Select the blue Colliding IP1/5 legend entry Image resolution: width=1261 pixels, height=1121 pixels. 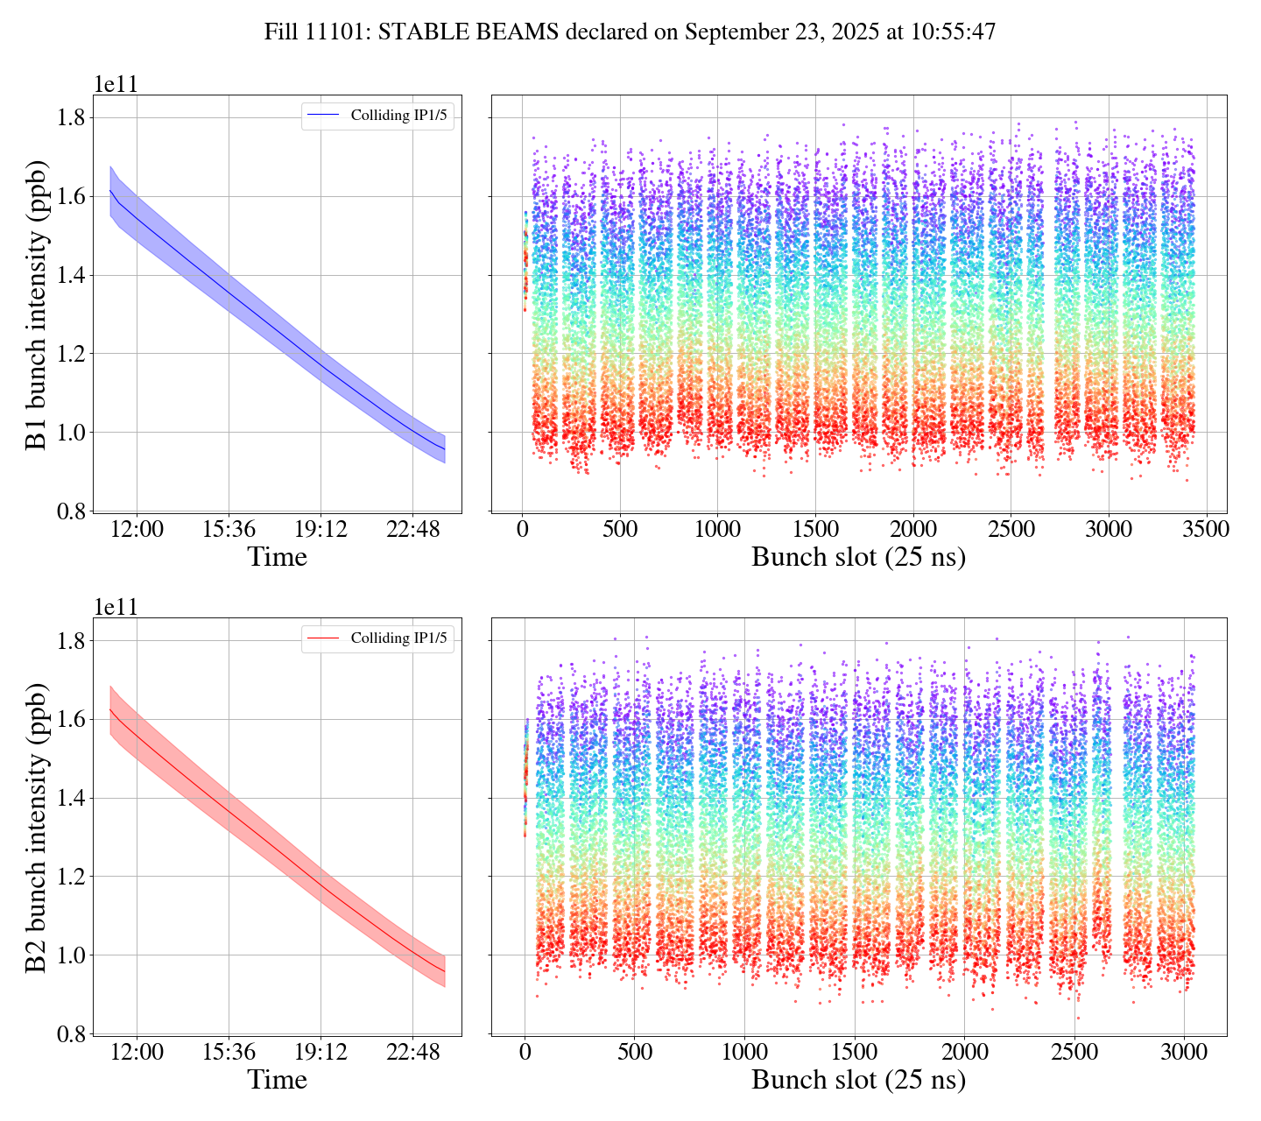tap(378, 116)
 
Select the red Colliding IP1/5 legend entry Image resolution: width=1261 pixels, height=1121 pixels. tap(378, 638)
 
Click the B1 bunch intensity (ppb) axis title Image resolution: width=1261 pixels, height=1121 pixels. tap(37, 304)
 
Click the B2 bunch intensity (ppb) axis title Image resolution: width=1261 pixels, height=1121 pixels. tap(37, 827)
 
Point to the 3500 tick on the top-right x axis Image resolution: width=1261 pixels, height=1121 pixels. tap(1206, 530)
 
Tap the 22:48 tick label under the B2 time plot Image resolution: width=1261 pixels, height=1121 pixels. tap(412, 1052)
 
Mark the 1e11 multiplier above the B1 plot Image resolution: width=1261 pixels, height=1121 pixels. tap(116, 85)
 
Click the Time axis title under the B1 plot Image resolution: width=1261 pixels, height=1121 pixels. tap(277, 557)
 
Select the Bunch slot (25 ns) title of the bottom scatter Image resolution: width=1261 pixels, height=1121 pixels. tap(858, 1080)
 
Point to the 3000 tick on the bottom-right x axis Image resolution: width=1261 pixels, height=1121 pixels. tap(1184, 1052)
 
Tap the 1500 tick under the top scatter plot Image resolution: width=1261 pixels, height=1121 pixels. tap(815, 530)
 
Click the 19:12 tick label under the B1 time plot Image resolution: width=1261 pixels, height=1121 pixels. tap(320, 530)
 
